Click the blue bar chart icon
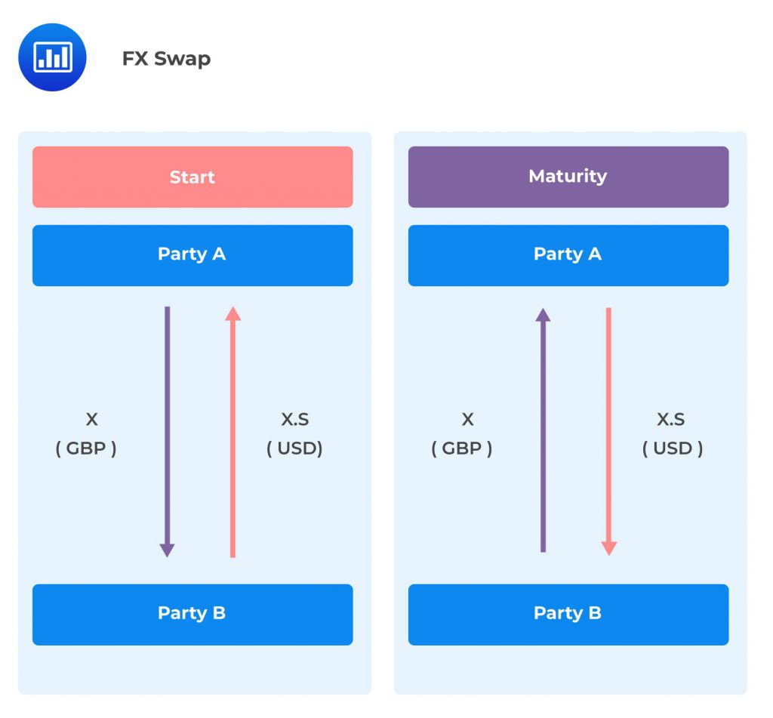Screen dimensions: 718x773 (52, 57)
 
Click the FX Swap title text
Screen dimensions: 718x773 (166, 59)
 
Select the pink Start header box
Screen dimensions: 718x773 (192, 177)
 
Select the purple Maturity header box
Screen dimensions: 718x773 (568, 177)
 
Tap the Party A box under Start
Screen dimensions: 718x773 (192, 255)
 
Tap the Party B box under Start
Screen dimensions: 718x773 (192, 614)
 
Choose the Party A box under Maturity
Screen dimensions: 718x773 (568, 255)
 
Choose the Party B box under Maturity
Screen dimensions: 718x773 (568, 614)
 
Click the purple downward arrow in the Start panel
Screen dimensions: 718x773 (168, 430)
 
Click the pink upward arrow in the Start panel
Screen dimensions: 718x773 (233, 430)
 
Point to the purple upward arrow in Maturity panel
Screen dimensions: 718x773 (543, 430)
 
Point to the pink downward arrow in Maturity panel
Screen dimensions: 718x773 (608, 430)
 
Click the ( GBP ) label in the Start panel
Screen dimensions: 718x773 (86, 448)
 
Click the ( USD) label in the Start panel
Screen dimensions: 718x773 (294, 448)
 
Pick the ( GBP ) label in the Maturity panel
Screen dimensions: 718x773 (462, 448)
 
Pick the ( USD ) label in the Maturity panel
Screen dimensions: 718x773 (673, 448)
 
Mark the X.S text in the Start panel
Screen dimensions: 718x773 (294, 420)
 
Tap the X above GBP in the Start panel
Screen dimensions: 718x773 (91, 420)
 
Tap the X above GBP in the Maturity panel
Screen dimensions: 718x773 (467, 420)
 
